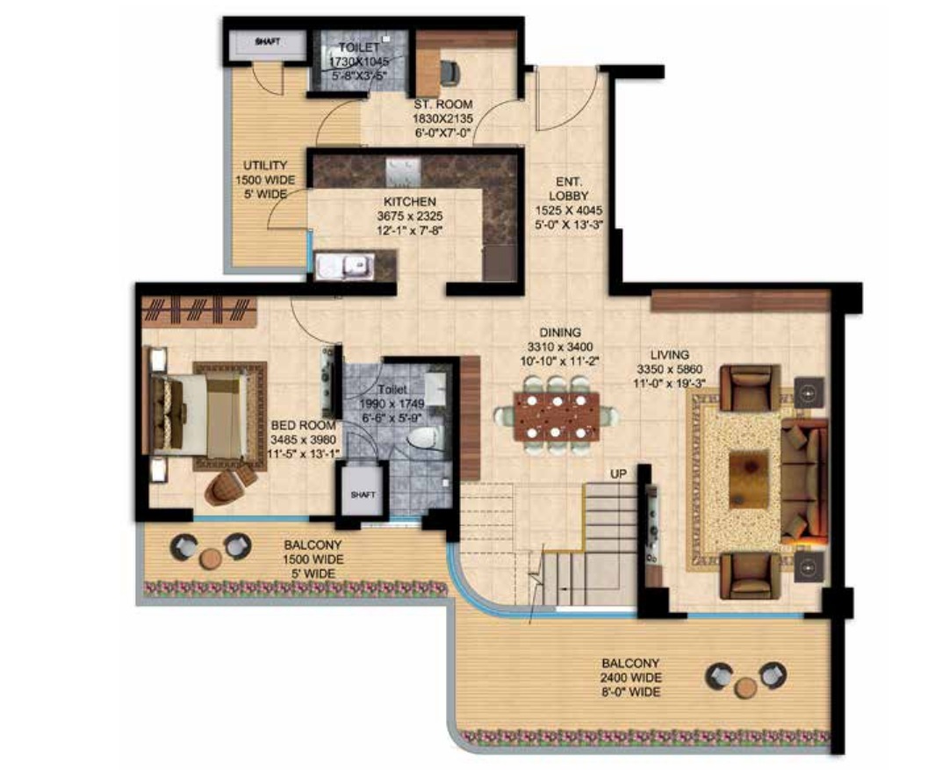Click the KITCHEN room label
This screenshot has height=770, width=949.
410,202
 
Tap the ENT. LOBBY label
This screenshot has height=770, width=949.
568,188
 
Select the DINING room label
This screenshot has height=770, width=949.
560,333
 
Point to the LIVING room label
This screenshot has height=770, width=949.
669,355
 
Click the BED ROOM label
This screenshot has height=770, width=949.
303,426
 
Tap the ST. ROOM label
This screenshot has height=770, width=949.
442,104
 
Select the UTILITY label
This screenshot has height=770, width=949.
265,165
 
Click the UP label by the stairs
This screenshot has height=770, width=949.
618,473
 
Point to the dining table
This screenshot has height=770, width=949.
557,416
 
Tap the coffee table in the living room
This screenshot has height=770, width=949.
749,479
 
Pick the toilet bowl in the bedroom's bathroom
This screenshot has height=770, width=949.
426,440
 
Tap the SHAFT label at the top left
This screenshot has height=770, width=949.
268,42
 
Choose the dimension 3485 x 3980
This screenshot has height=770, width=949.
303,440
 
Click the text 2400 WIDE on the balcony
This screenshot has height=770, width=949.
630,678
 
